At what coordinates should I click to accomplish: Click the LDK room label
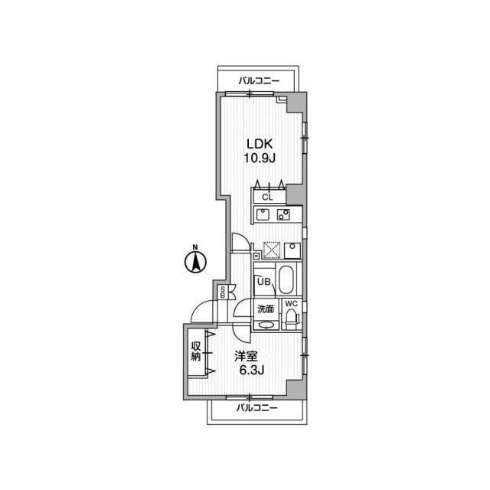260,145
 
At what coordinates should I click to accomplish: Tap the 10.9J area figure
260,158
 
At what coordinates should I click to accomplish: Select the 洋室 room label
247,357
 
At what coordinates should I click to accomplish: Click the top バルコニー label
259,80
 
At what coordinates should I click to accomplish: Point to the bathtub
285,281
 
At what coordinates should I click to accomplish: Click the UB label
263,282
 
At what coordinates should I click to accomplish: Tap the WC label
291,304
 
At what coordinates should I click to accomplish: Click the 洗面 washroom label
265,310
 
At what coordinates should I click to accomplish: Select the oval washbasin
266,324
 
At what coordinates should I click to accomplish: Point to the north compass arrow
195,263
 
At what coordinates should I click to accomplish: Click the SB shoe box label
223,292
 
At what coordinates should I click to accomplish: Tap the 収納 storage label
196,351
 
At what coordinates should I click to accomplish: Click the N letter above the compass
195,247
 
